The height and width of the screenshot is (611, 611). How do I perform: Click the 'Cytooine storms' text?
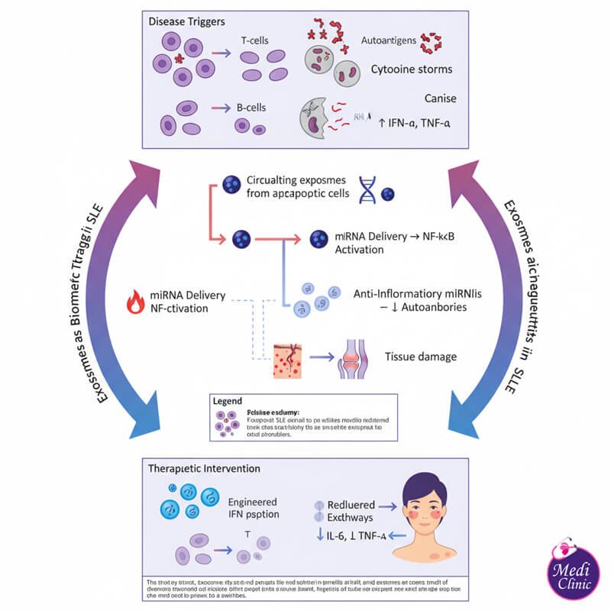point(411,70)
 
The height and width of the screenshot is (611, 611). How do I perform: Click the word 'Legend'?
point(228,399)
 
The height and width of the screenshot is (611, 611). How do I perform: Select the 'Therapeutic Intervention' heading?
point(205,467)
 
